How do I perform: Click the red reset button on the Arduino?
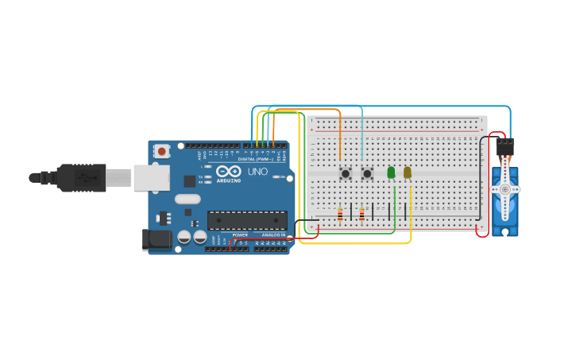tap(162, 151)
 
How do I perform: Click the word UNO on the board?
tap(257, 172)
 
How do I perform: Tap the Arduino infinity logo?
tap(229, 172)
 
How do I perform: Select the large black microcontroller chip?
tap(247, 220)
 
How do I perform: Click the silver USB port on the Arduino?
tap(151, 178)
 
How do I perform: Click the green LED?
tap(391, 172)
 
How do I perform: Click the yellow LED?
tap(408, 172)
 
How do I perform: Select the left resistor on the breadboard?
tap(341, 214)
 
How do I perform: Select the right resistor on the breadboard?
tap(361, 214)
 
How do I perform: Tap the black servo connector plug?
tap(504, 147)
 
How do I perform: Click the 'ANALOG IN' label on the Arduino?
tap(273, 234)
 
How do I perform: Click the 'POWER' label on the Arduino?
tap(240, 234)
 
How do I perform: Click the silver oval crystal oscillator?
tap(187, 199)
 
